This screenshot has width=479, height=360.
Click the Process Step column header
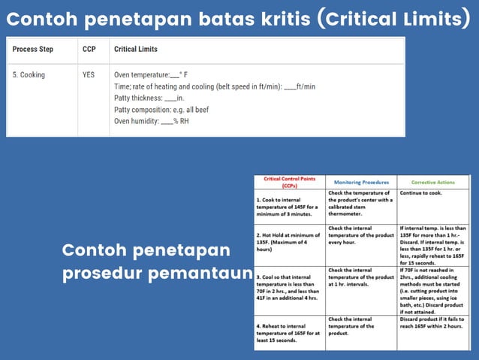coord(32,50)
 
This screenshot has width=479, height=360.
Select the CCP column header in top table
coord(89,50)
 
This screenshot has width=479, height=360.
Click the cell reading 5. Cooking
coord(29,75)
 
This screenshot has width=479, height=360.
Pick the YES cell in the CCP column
coord(89,75)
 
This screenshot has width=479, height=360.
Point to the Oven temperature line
coord(151,75)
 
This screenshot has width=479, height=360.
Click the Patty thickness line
coord(149,98)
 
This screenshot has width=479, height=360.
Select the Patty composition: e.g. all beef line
coord(161,109)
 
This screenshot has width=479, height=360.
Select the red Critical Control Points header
coord(289,183)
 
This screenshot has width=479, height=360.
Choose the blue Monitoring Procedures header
coord(361,182)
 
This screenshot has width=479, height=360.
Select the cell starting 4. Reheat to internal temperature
coord(288,331)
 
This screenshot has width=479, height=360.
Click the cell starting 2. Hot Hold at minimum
coord(288,244)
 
